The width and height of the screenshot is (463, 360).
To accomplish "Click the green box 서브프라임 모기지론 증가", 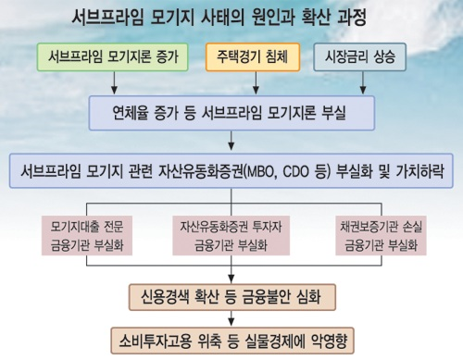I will click(113, 57).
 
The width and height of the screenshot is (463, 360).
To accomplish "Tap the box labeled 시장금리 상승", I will click(358, 57).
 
